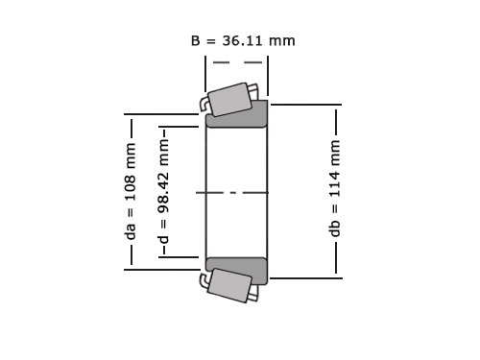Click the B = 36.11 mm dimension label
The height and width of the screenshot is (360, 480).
[x=243, y=40]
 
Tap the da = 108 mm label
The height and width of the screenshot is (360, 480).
[x=131, y=191]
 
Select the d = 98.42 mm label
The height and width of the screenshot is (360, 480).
[x=163, y=192]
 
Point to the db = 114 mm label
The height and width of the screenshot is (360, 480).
[x=335, y=188]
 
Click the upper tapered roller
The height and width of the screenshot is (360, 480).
[x=229, y=100]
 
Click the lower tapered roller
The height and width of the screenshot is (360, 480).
[x=229, y=285]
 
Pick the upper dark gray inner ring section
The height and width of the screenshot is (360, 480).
[x=237, y=117]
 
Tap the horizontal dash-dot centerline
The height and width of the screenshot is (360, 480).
[x=232, y=193]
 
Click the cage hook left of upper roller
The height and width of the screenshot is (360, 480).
[x=204, y=104]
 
